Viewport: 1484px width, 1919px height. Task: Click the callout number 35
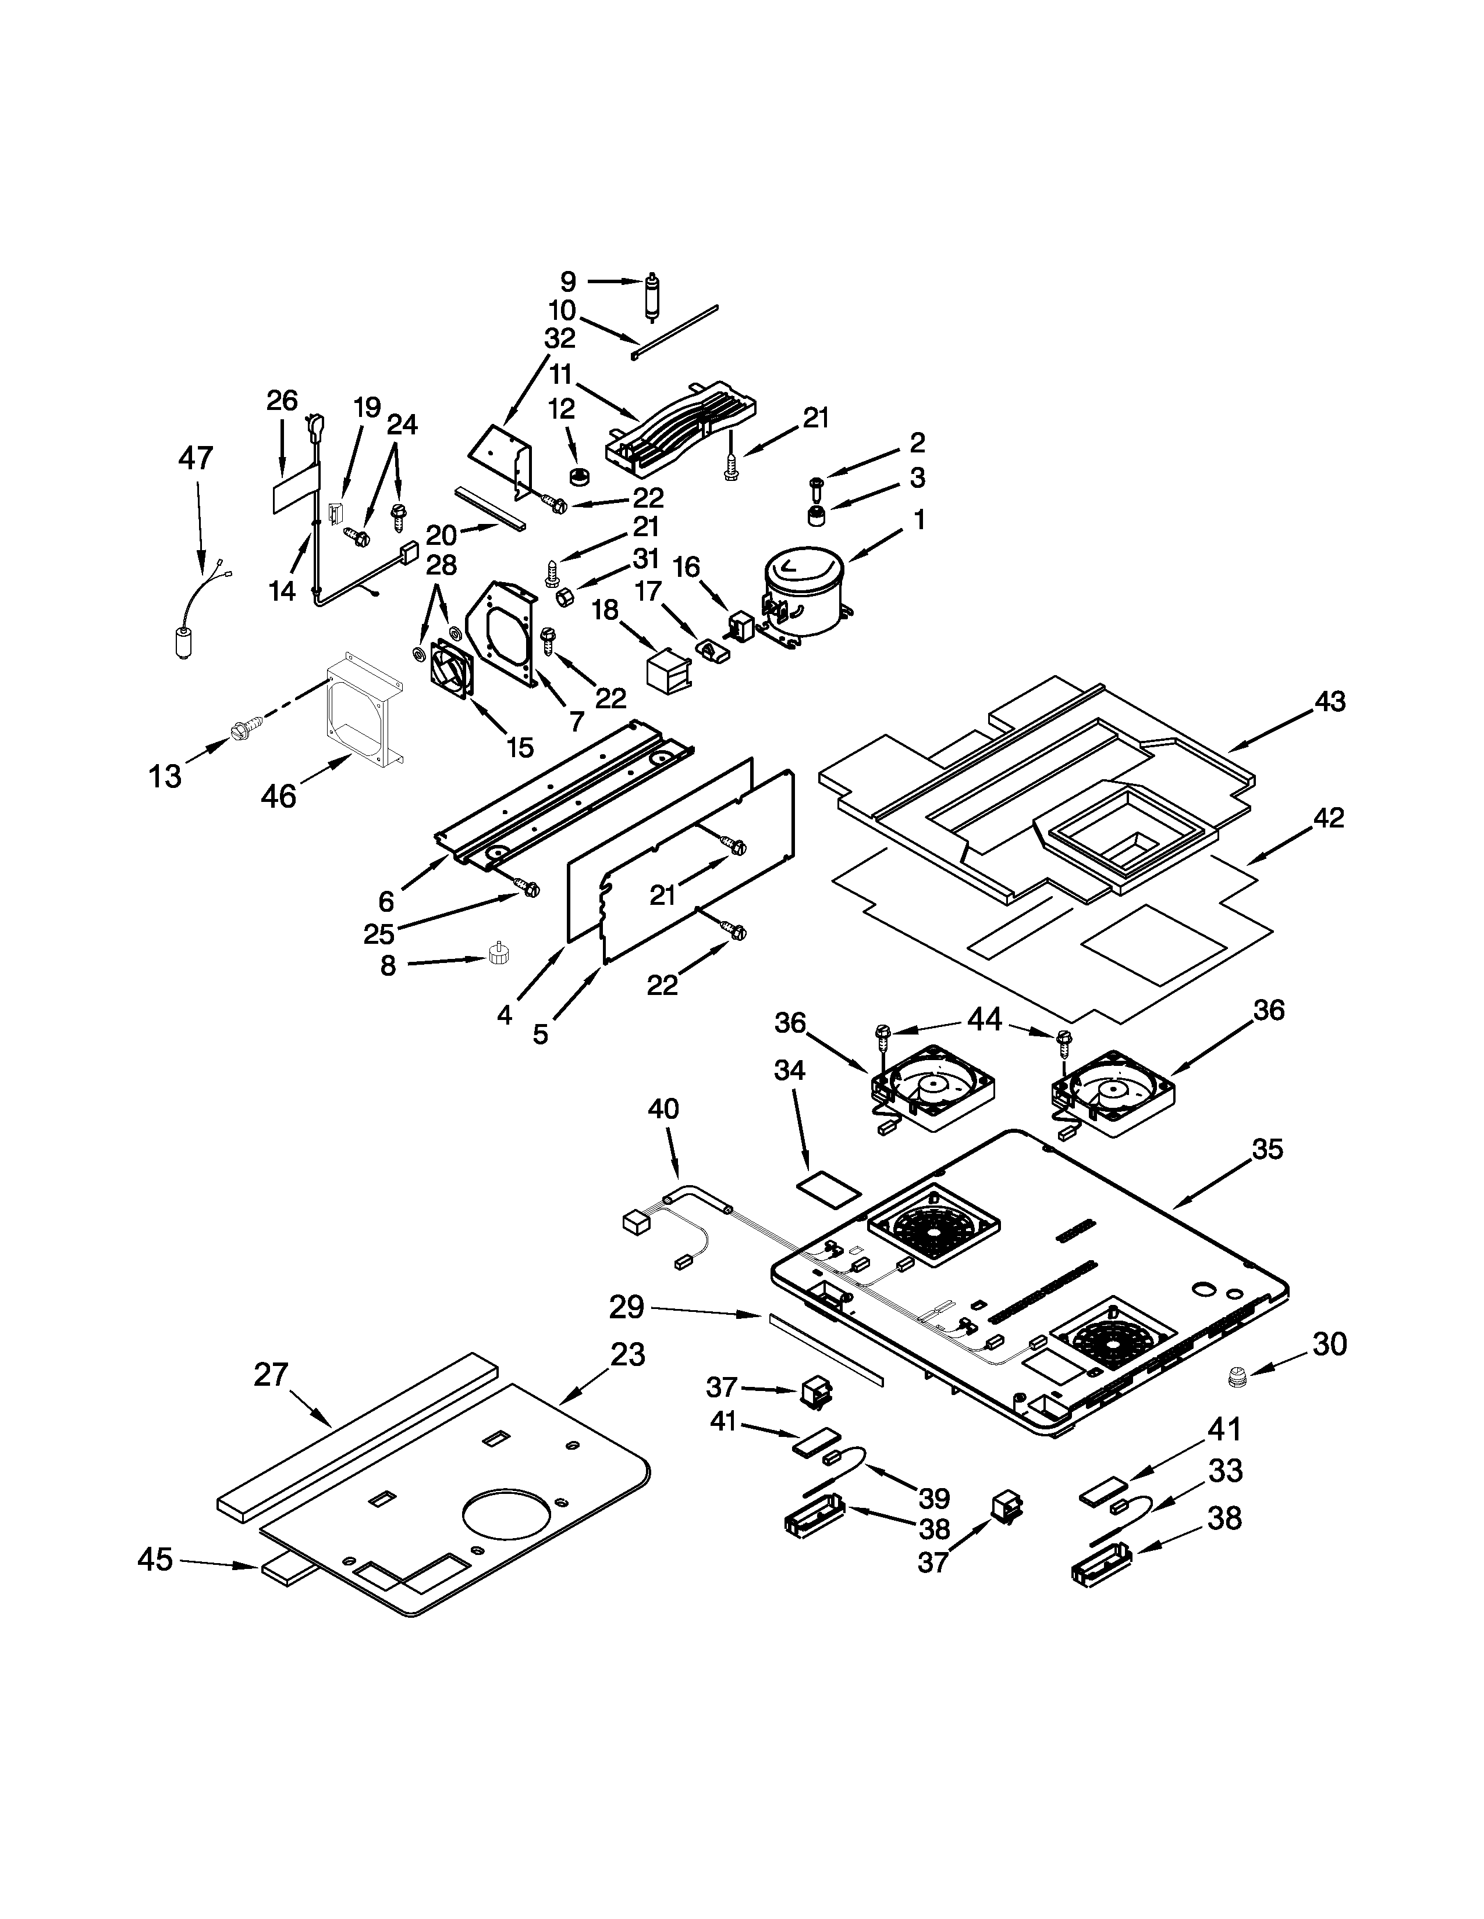[x=1267, y=1148]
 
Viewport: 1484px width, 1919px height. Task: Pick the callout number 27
[x=271, y=1374]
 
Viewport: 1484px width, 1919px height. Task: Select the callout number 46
[x=279, y=796]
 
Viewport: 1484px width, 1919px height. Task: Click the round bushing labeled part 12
[x=578, y=477]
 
